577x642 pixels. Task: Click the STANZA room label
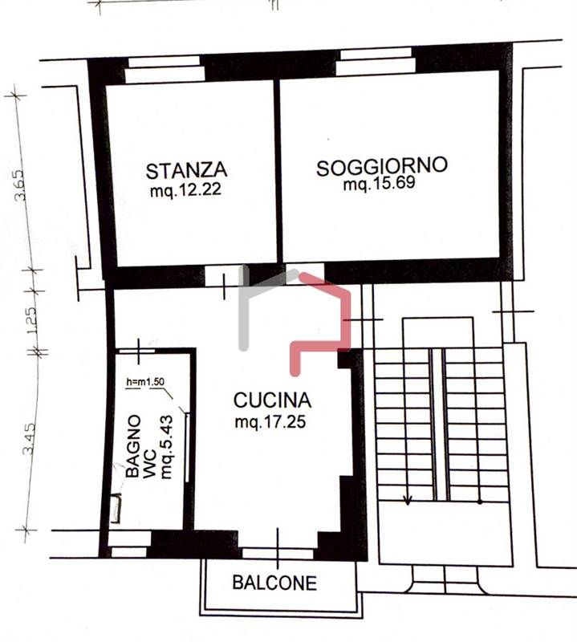point(186,170)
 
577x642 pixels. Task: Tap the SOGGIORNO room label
point(382,166)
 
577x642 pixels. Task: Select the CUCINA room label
point(272,400)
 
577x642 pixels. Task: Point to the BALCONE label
point(274,583)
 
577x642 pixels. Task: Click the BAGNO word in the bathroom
point(133,446)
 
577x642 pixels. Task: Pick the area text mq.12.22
point(186,190)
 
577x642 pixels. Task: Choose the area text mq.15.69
point(380,184)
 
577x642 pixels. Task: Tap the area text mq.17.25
point(270,422)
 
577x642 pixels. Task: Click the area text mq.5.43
point(167,447)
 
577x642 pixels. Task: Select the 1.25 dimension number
point(31,320)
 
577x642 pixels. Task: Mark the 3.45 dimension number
point(29,439)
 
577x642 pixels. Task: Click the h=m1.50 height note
point(145,382)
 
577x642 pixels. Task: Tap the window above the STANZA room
point(165,70)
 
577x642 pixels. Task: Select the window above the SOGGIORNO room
point(376,62)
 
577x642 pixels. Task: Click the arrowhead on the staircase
point(407,500)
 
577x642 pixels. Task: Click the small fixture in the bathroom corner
point(116,508)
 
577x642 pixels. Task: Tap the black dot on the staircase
point(480,502)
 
